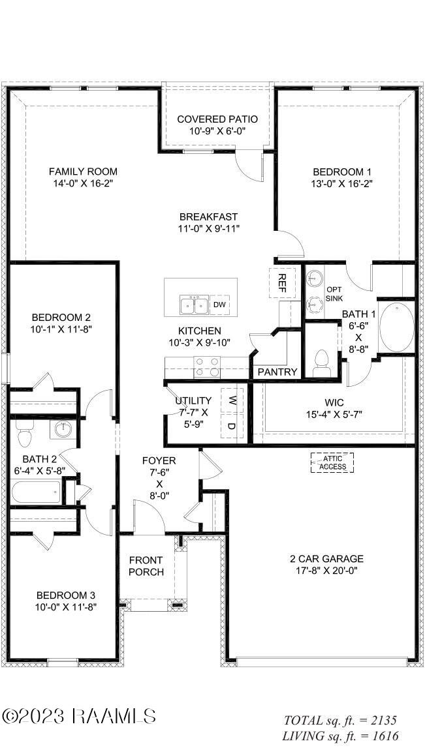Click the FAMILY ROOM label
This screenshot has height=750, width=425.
click(x=84, y=172)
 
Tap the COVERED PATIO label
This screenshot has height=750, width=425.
click(x=217, y=119)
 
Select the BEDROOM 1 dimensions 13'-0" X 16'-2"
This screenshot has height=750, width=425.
click(x=341, y=184)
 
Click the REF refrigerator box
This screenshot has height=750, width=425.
click(x=283, y=282)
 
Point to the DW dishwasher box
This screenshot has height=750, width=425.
click(x=220, y=305)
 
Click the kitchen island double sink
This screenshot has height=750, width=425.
click(x=193, y=305)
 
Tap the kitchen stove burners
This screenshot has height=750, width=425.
click(x=208, y=368)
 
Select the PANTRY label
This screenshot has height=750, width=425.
click(x=277, y=372)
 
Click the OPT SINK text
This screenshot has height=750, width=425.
click(x=334, y=294)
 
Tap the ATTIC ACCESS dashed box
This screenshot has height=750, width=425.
click(x=332, y=462)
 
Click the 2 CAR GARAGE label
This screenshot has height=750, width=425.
click(x=326, y=559)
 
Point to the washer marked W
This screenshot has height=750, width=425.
click(x=230, y=400)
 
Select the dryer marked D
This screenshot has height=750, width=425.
click(x=230, y=426)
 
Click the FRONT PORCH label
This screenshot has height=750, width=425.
click(x=146, y=566)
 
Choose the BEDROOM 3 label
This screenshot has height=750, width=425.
click(x=66, y=595)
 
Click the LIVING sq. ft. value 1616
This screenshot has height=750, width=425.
click(x=381, y=736)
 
